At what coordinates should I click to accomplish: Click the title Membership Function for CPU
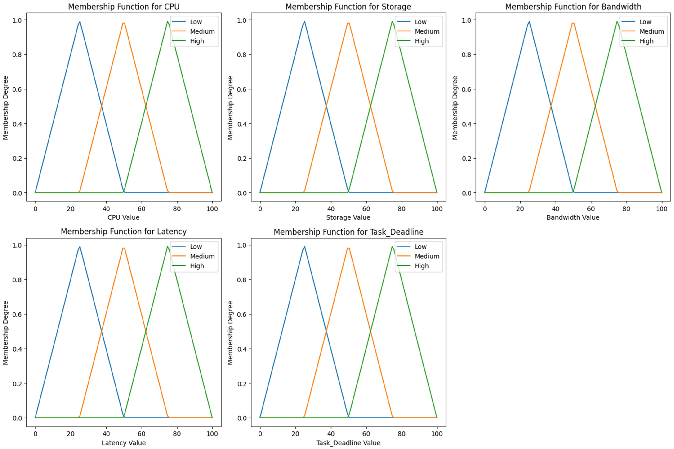[124, 7]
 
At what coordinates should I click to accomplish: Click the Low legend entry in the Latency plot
[196, 247]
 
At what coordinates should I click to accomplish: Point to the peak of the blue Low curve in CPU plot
[80, 21]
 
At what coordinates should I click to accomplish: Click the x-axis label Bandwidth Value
[573, 217]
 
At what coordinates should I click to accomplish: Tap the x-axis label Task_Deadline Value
[348, 443]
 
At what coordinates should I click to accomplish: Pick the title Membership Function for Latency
[124, 231]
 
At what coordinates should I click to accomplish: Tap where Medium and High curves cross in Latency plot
[146, 331]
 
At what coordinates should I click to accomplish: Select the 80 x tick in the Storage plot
[401, 209]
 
